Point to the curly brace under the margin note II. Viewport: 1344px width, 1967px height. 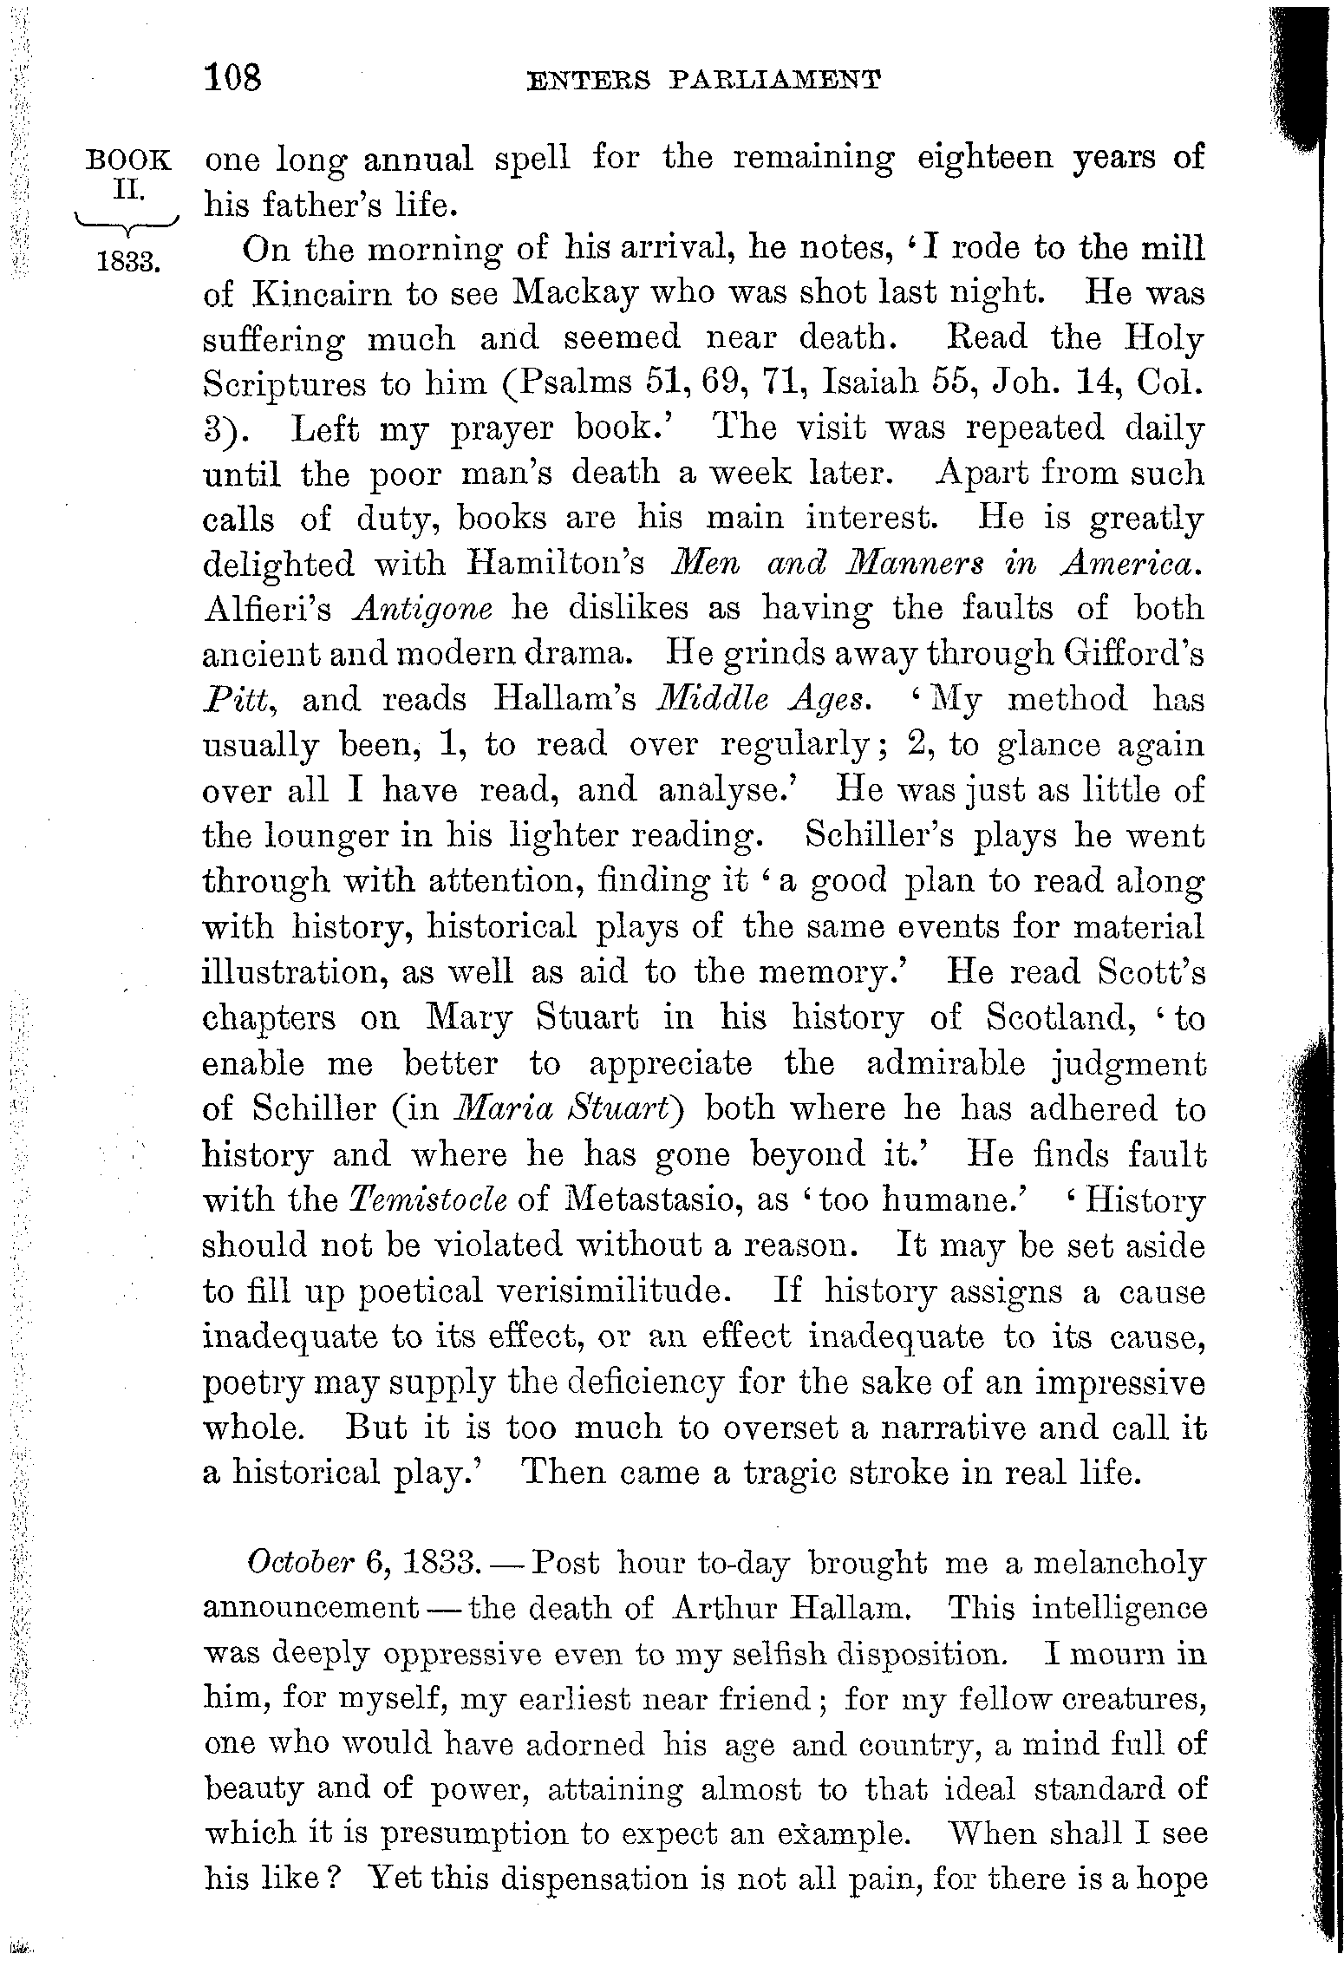click(x=127, y=228)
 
